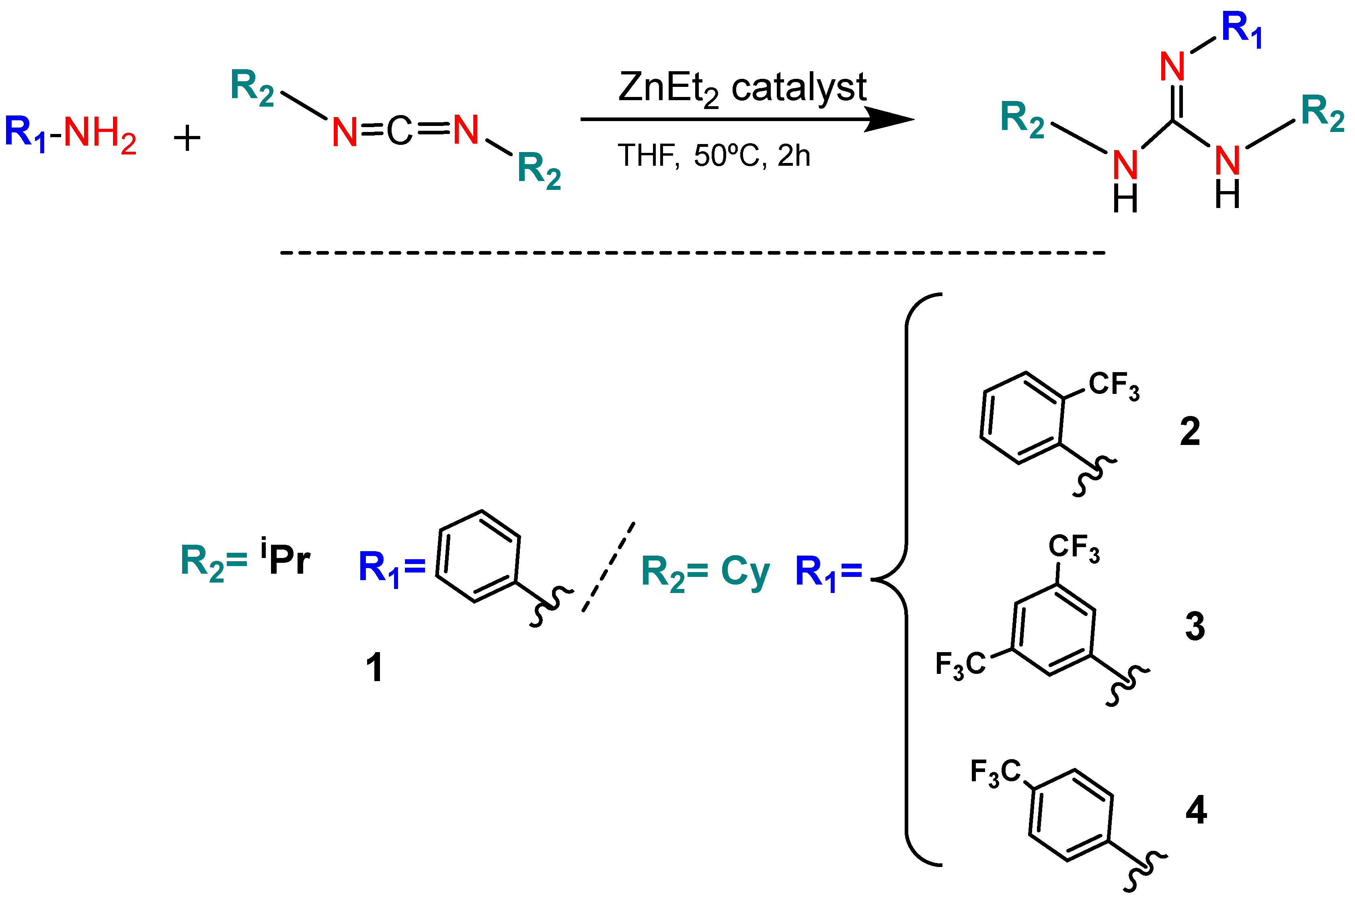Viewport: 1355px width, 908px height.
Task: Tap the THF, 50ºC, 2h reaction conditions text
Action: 714,156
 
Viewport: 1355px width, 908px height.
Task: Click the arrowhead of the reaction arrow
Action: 891,120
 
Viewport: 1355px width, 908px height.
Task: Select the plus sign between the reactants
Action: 187,139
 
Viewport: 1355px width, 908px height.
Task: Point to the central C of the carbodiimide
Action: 399,131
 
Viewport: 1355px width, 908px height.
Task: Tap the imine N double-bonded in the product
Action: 1173,67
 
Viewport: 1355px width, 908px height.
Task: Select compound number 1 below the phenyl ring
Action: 374,668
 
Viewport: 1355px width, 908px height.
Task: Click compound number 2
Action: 1190,432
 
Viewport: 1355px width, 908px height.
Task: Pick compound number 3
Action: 1195,626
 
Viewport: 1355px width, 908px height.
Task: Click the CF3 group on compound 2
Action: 1114,386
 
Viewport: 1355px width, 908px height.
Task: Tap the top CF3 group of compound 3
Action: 1074,548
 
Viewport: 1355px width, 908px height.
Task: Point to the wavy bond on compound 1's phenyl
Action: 550,606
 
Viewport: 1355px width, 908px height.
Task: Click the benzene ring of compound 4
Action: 1070,815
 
